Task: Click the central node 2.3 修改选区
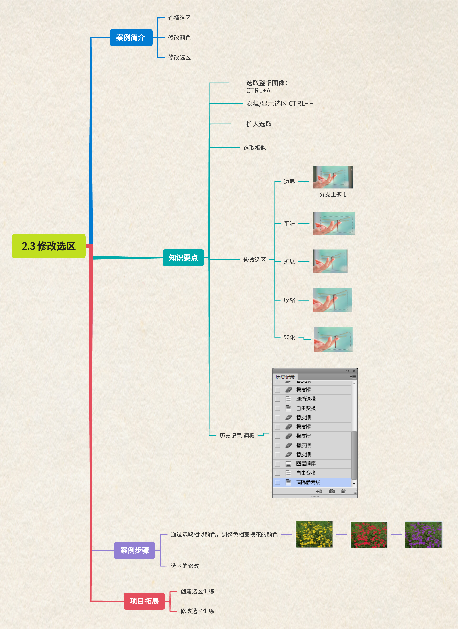point(48,246)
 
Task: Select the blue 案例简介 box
point(131,37)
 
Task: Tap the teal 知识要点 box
point(183,258)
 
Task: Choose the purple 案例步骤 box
point(134,550)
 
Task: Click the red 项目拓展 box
point(144,601)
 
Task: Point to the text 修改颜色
point(179,37)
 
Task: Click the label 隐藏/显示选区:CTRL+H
point(280,103)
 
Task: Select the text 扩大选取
point(259,124)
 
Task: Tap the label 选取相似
point(255,148)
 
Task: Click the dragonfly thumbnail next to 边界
point(333,177)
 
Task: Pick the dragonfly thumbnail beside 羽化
point(333,339)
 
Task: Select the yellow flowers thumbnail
point(314,534)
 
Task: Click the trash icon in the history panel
point(343,491)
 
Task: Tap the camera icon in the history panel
point(332,491)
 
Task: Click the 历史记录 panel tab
point(285,377)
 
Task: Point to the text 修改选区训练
point(197,611)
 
